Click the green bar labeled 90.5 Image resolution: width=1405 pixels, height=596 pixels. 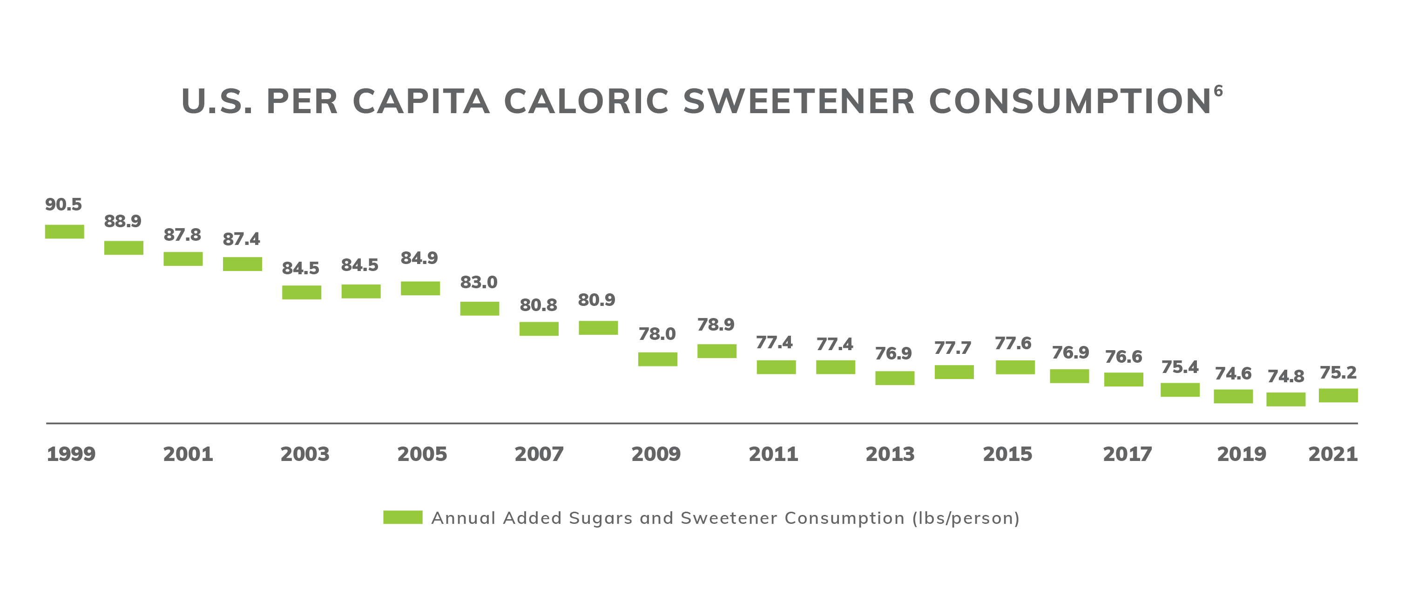tap(64, 232)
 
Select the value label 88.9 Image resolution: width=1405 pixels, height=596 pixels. tap(123, 221)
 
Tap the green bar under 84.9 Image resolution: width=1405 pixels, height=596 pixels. tap(420, 289)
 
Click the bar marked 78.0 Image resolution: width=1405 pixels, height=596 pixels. tap(657, 359)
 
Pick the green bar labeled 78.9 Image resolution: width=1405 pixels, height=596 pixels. tap(716, 351)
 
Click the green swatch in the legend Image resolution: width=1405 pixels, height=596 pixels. tap(403, 517)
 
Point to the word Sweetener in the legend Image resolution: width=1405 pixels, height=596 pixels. tap(729, 518)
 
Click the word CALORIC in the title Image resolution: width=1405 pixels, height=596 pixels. tap(586, 102)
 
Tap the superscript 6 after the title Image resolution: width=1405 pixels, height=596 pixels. tap(1218, 90)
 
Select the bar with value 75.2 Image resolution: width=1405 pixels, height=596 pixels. tap(1338, 395)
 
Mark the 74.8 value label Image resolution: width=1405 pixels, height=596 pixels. tap(1285, 376)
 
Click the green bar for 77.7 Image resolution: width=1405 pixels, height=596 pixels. tap(954, 372)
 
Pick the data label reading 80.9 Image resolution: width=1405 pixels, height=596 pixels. tap(597, 300)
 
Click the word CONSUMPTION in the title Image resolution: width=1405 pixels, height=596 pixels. tap(1069, 102)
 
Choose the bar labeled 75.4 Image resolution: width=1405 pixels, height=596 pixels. tap(1180, 390)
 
